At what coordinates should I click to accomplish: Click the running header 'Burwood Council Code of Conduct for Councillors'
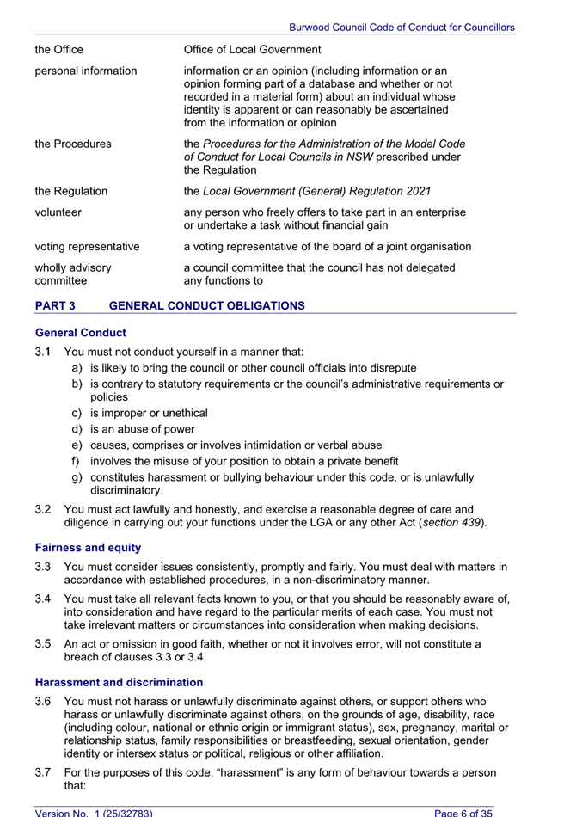tap(402, 28)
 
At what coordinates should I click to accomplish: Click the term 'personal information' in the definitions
tap(85, 71)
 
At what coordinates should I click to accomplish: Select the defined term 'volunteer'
tap(62, 212)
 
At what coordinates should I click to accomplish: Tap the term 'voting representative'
tap(87, 247)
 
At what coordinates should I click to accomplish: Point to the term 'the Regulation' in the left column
tap(71, 191)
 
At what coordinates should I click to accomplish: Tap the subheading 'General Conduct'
tap(81, 333)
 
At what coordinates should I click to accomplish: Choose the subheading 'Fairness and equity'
tap(88, 547)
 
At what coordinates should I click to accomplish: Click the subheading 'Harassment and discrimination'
tap(119, 682)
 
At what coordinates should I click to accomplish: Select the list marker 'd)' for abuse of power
tap(77, 429)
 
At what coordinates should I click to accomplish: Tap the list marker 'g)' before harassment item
tap(77, 476)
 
